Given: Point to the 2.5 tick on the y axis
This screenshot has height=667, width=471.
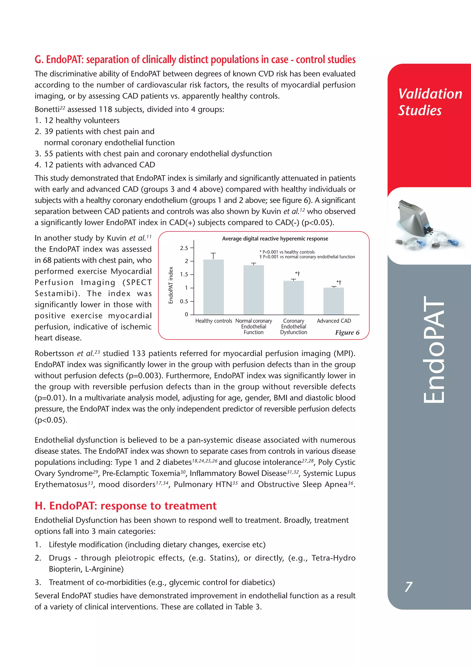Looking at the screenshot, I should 184,248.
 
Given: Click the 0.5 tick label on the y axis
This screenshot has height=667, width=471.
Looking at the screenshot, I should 184,302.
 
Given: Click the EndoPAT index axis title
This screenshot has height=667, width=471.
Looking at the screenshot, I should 171,285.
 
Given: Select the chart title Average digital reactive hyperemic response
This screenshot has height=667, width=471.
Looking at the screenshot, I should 275,239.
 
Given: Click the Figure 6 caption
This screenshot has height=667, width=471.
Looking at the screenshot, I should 347,333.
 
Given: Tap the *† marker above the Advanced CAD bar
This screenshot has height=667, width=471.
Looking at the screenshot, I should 339,282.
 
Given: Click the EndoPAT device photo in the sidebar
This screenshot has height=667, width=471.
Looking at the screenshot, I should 425,225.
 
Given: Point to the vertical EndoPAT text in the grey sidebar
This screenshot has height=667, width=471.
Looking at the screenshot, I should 434,350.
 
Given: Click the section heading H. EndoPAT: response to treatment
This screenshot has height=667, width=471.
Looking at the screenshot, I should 125,506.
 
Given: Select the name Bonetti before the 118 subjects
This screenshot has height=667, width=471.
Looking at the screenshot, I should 47,110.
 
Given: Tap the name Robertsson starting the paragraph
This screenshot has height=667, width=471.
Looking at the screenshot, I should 54,354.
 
